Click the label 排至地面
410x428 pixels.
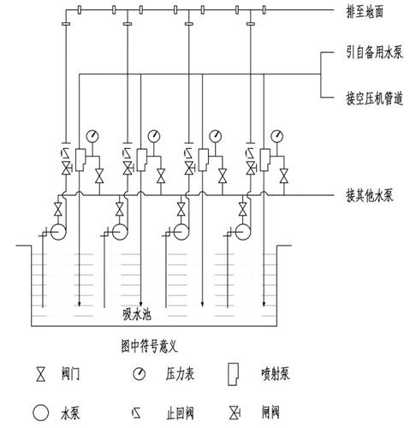point(365,12)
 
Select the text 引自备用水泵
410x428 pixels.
point(374,52)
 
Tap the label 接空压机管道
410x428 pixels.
point(374,98)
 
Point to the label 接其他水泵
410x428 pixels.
point(370,196)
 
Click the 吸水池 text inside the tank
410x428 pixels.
point(137,315)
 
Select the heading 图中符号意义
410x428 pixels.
point(149,347)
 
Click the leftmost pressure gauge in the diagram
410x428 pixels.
point(92,136)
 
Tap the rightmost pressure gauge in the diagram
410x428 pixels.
point(276,136)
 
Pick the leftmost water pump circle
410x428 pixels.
point(58,232)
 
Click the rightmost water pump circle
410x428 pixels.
point(243,232)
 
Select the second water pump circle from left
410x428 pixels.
point(120,232)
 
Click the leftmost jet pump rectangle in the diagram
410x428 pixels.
point(80,160)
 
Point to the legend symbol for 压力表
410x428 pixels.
point(140,374)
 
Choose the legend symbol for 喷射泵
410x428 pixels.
point(233,374)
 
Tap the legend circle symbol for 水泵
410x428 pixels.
point(41,413)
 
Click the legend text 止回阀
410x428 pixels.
point(180,413)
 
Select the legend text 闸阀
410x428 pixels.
point(270,413)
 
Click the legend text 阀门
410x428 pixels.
point(70,374)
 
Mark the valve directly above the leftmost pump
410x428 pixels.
point(58,209)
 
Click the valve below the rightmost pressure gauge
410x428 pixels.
point(284,175)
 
